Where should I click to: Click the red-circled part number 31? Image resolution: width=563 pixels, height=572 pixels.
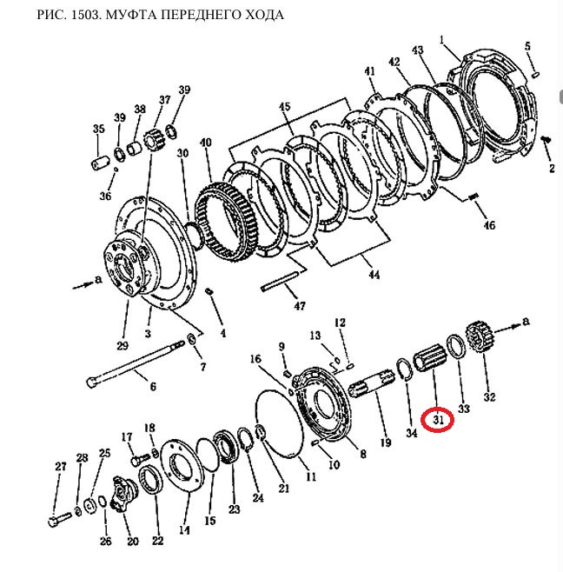coord(439,421)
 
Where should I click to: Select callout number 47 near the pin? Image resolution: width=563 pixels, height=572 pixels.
coord(300,307)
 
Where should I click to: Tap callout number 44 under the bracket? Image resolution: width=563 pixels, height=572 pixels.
coord(374,276)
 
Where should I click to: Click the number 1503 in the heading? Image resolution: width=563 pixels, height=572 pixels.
coord(81,16)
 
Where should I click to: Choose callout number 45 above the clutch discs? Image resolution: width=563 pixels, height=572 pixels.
coord(284,107)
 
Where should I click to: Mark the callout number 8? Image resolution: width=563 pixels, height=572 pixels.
coord(362,454)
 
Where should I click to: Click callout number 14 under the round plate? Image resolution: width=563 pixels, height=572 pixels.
coord(184,529)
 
